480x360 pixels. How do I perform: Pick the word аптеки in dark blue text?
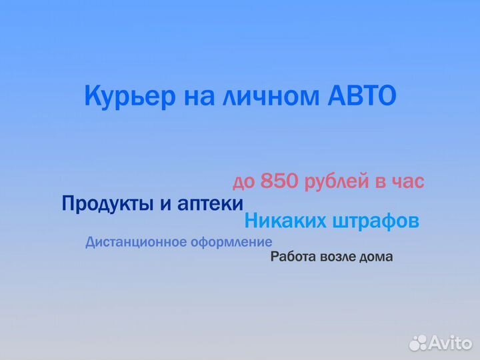pos(211,204)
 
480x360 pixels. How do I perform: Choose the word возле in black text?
pos(337,257)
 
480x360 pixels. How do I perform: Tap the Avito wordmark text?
pos(451,343)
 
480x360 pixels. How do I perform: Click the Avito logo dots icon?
pos(418,343)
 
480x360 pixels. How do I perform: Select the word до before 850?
pos(243,181)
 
